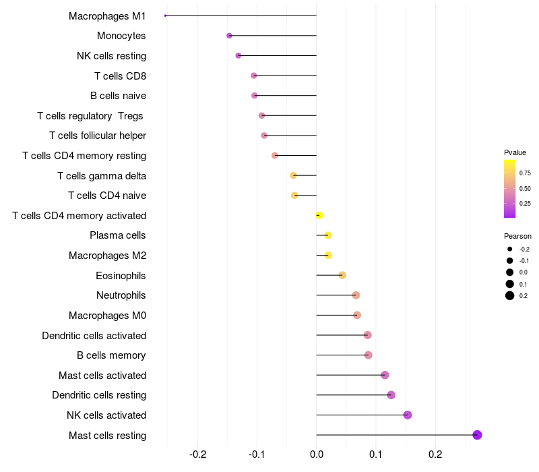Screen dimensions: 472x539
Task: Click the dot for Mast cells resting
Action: tap(477, 435)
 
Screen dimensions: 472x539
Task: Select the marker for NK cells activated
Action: tap(408, 415)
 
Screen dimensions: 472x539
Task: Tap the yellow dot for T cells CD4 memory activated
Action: tap(319, 215)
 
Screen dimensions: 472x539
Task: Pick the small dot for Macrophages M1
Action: tap(165, 16)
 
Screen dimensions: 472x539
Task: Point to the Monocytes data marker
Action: tap(229, 35)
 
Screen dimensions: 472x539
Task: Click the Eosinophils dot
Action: tap(342, 275)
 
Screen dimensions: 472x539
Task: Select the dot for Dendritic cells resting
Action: tap(391, 395)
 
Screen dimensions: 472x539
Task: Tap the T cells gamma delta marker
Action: tap(293, 175)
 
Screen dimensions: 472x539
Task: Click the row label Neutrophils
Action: tap(121, 295)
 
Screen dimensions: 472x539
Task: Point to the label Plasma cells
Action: tap(118, 235)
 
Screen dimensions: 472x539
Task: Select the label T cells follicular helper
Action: tap(98, 136)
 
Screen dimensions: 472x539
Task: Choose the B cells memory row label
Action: tap(111, 355)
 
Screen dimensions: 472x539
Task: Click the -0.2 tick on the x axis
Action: tap(198, 454)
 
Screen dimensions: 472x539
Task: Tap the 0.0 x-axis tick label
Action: tap(317, 454)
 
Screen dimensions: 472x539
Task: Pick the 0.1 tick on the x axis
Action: tap(376, 454)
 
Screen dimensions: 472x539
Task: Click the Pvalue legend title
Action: tap(515, 152)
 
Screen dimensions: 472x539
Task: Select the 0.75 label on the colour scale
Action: tap(524, 173)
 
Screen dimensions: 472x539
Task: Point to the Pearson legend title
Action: tap(517, 237)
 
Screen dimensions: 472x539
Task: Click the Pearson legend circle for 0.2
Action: tap(510, 295)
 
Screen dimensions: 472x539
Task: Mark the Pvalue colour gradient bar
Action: tap(510, 189)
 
